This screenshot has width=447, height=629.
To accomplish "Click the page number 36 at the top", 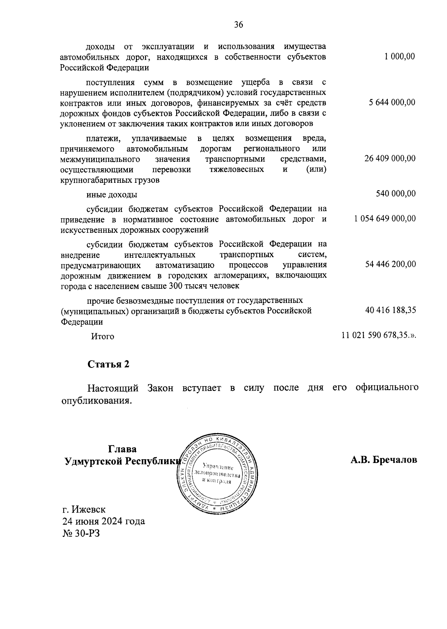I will click(238, 25).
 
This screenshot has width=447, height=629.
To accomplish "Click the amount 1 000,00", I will click(400, 56).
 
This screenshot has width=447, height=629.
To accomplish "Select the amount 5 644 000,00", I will click(392, 103).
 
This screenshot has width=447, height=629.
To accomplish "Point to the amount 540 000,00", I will click(396, 193).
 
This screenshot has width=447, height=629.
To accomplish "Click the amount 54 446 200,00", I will click(390, 264).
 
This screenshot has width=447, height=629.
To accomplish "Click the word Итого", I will click(103, 336).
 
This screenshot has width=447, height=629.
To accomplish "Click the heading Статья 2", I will click(108, 364).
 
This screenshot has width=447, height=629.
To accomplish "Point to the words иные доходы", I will click(111, 195).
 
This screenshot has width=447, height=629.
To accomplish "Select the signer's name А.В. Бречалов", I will click(384, 460).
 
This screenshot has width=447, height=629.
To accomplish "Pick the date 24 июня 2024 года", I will click(104, 521).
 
